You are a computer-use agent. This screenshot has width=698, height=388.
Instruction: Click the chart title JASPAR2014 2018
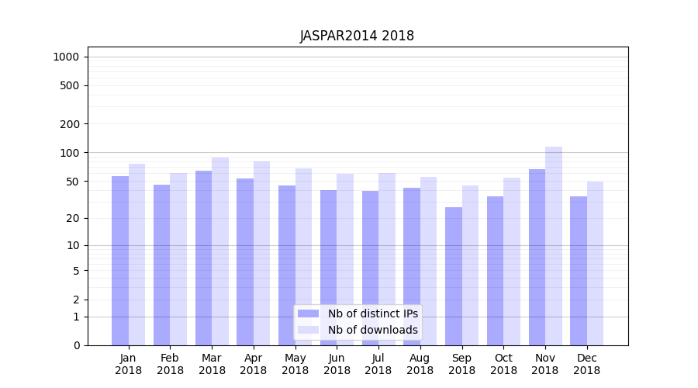[357, 36]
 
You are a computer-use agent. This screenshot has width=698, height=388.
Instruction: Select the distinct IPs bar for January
[120, 260]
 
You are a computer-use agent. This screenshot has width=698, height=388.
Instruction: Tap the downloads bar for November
[554, 245]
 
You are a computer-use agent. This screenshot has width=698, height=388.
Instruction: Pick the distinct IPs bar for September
[454, 275]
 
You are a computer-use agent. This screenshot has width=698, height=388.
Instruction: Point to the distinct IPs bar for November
[537, 257]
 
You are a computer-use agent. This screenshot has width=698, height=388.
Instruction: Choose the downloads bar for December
[596, 263]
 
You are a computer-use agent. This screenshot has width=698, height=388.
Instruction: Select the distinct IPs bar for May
[287, 265]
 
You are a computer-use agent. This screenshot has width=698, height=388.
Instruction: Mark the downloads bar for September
[471, 265]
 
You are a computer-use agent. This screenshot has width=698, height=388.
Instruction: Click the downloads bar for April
[262, 253]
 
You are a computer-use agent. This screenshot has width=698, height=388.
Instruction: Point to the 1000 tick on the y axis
[66, 57]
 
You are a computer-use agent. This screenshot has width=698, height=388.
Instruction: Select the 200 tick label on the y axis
[70, 124]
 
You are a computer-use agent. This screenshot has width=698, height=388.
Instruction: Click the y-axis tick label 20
[73, 218]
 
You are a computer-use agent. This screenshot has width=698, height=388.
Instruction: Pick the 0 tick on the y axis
[76, 345]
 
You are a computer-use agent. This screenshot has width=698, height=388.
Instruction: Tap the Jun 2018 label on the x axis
[337, 364]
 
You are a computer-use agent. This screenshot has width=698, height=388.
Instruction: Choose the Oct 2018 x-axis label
[503, 364]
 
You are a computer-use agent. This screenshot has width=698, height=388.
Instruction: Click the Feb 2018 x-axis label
[170, 364]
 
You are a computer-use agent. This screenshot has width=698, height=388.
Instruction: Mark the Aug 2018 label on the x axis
[420, 364]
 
